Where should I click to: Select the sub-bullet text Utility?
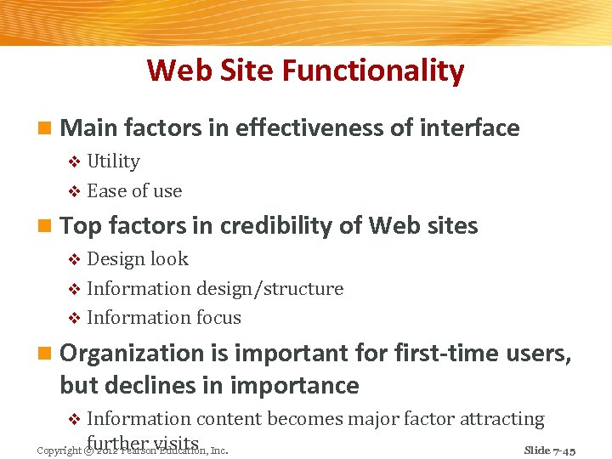(x=113, y=161)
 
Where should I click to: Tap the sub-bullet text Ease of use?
(x=134, y=191)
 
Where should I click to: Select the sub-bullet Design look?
(x=138, y=259)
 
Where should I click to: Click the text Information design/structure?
(x=215, y=289)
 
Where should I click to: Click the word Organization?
(x=144, y=353)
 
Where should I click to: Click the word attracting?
(x=501, y=419)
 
